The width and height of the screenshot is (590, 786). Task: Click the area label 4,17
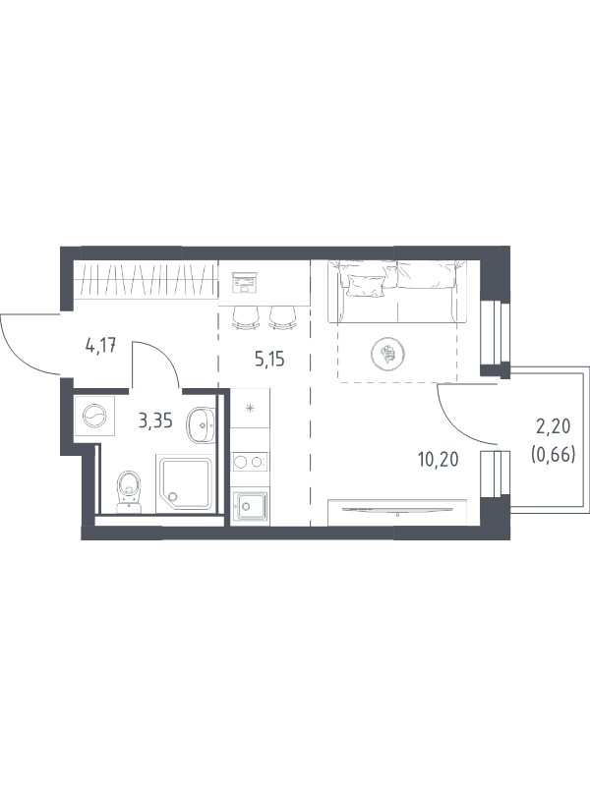(x=101, y=346)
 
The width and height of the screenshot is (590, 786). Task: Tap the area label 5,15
(x=269, y=359)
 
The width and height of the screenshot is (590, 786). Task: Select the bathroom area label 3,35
(x=155, y=421)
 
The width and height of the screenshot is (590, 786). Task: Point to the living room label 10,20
(x=439, y=459)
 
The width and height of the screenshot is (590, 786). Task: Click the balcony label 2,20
(x=554, y=427)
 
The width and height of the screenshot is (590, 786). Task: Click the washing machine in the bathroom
(x=94, y=416)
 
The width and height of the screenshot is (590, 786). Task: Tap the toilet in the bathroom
(x=130, y=492)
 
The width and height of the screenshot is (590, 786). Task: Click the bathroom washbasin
(x=201, y=425)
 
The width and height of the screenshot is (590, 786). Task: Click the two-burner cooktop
(x=250, y=462)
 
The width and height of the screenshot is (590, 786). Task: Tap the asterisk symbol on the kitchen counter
(x=250, y=408)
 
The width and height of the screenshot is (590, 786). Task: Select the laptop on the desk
(x=244, y=282)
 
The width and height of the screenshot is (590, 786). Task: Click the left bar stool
(x=247, y=317)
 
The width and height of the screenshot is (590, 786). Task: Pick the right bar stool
(x=283, y=317)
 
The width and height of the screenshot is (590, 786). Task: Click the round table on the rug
(x=387, y=353)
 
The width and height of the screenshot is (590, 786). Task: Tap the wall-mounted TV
(x=397, y=510)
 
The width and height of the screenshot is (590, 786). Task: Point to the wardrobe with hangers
(x=146, y=279)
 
